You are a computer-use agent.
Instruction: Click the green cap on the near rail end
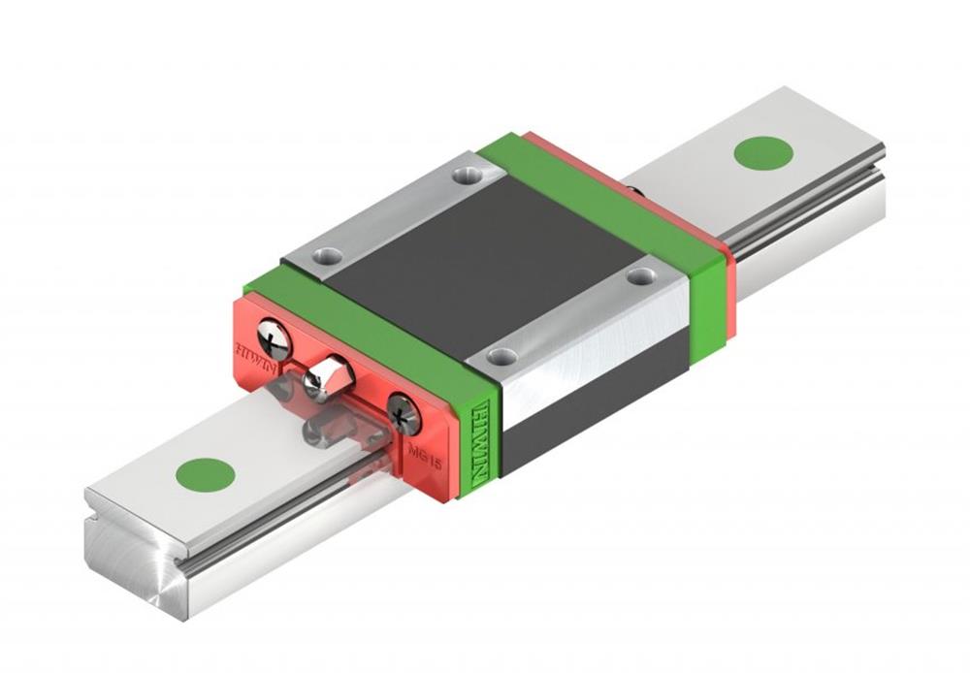[x=205, y=474]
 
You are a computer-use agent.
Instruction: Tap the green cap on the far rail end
[x=763, y=153]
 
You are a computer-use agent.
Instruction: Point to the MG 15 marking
[x=424, y=453]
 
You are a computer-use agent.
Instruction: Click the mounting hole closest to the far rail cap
[x=637, y=276]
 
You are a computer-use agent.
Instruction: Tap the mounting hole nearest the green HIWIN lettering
[x=501, y=356]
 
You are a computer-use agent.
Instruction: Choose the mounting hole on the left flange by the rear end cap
[x=469, y=176]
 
